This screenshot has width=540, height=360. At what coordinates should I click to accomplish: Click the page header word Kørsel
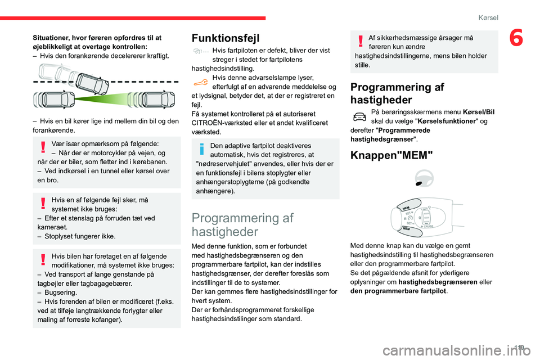click(x=488, y=17)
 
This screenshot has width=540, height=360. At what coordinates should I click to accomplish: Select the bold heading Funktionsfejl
click(x=226, y=38)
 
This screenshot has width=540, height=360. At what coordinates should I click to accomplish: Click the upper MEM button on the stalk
click(x=406, y=208)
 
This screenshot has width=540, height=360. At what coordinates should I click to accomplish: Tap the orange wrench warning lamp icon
click(x=200, y=82)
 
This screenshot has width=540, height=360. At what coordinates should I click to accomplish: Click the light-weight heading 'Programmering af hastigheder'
click(x=242, y=224)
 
